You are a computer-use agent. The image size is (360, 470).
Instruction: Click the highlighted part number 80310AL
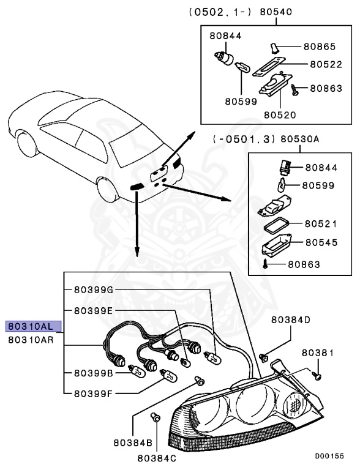(x=34, y=326)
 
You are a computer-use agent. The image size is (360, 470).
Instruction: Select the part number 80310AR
(x=34, y=340)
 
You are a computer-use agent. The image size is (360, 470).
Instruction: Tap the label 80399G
(x=94, y=289)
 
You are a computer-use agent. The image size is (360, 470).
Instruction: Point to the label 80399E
(x=94, y=310)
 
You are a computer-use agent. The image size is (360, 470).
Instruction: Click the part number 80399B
(x=94, y=373)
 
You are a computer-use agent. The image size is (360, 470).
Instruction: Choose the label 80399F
(x=94, y=394)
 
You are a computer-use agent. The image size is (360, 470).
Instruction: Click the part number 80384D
(x=291, y=319)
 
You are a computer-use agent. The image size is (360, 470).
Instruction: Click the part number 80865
(x=322, y=46)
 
